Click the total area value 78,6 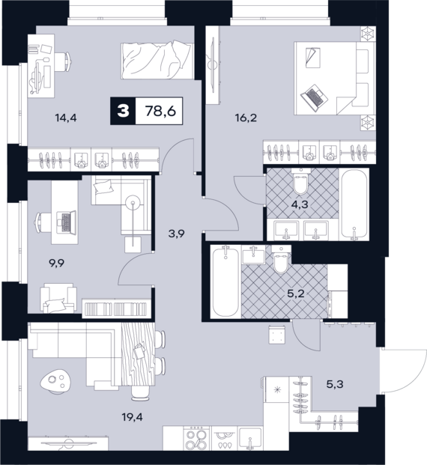pyautogui.click(x=160, y=112)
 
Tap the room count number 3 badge pyautogui.click(x=123, y=111)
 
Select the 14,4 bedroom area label pyautogui.click(x=66, y=118)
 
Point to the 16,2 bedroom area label pyautogui.click(x=246, y=118)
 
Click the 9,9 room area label pyautogui.click(x=57, y=263)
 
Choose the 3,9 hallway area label pyautogui.click(x=176, y=234)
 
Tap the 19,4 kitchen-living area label pyautogui.click(x=133, y=417)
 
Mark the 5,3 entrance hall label pyautogui.click(x=335, y=384)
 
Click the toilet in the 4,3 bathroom pyautogui.click(x=300, y=181)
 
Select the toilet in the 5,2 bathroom pyautogui.click(x=280, y=259)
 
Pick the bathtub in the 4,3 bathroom pyautogui.click(x=354, y=204)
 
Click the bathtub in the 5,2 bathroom pyautogui.click(x=225, y=282)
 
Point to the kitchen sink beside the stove pyautogui.click(x=250, y=439)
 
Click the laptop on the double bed pyautogui.click(x=313, y=98)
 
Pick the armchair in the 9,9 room pyautogui.click(x=58, y=298)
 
